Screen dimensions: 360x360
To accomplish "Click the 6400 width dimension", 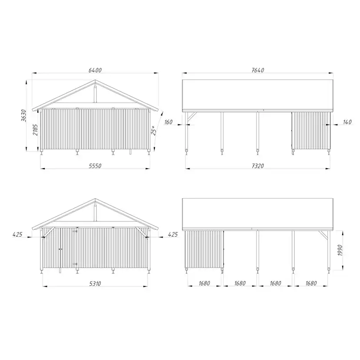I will point(95,70).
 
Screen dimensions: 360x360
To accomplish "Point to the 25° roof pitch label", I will point(153,130).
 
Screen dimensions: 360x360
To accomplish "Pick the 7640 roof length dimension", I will point(257,70).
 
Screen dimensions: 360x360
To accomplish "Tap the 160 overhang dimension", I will point(169,123).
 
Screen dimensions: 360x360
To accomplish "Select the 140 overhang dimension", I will point(347,123).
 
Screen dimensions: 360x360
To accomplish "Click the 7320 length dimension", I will point(257,166).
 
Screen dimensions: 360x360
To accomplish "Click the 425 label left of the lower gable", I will point(17,234).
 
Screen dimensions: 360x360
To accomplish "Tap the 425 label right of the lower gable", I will point(173,234).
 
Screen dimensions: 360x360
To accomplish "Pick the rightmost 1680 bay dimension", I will point(310,283).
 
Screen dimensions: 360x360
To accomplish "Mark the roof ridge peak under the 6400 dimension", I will point(95,80).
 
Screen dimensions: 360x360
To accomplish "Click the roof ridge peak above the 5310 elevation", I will point(95,200).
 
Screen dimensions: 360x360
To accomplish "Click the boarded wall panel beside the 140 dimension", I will point(310,130).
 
